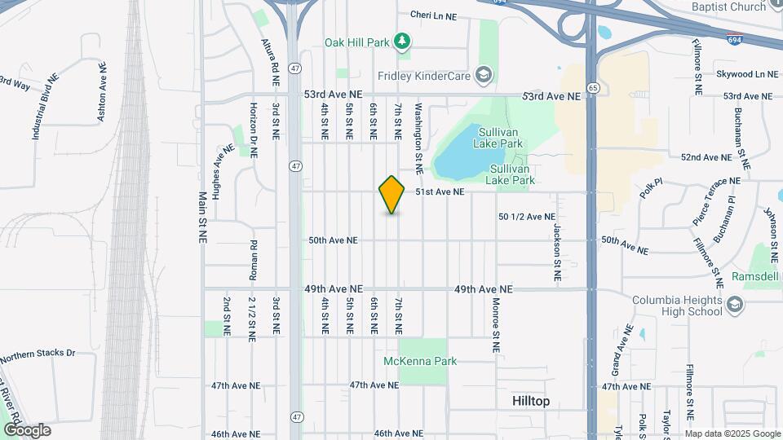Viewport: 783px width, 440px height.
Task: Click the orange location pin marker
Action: tap(392, 195)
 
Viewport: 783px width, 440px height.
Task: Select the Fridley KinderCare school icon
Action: tap(484, 76)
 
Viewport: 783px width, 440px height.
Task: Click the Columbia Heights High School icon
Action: tap(734, 306)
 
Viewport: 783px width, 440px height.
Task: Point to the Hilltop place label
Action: tap(531, 401)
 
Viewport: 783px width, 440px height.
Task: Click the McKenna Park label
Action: tap(420, 361)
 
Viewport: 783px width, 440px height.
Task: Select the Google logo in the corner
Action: tap(27, 430)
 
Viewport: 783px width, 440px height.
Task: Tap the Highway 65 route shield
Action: tap(593, 87)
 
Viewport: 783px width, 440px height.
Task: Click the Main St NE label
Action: tap(201, 217)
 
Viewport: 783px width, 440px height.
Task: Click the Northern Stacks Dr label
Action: tap(37, 356)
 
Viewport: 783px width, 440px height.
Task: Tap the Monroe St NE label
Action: tap(495, 324)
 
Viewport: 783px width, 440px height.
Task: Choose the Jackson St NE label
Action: tap(557, 253)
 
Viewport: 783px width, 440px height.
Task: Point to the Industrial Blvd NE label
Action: tap(46, 106)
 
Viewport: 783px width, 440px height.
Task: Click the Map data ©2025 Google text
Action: tap(732, 433)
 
